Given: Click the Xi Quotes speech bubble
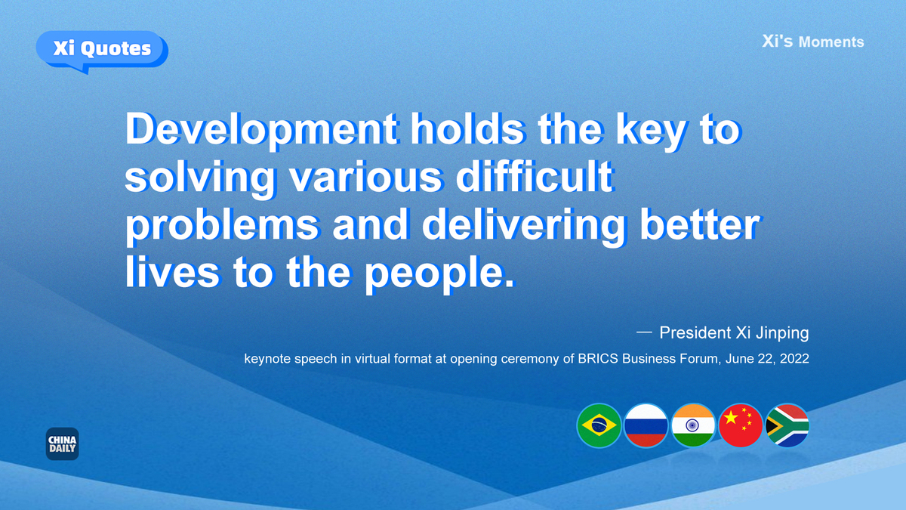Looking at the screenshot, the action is (x=102, y=51).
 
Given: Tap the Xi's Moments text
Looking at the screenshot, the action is (x=813, y=42).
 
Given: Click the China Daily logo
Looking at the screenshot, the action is (x=62, y=444).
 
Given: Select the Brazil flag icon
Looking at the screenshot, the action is (x=599, y=425).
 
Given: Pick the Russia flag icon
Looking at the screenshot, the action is (x=646, y=425).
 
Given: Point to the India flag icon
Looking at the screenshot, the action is (x=693, y=425).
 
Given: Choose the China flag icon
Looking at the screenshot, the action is (x=740, y=425).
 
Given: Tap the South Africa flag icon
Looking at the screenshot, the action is (x=787, y=425).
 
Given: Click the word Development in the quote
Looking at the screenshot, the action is (x=261, y=130).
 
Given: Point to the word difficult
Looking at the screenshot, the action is (x=535, y=178).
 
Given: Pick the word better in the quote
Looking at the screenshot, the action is (x=700, y=224).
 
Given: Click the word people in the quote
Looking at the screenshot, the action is (x=439, y=274).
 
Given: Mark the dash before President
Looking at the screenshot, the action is (x=644, y=332).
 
